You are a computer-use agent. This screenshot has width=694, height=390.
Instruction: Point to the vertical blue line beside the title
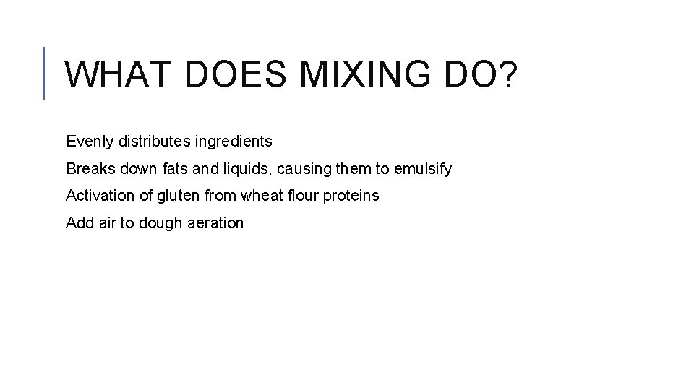(44, 72)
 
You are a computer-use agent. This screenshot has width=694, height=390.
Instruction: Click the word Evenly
(86, 142)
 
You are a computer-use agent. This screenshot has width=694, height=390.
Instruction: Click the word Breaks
(87, 168)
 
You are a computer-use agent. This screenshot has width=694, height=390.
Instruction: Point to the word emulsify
(423, 169)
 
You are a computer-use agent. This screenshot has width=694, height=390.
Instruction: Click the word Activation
(96, 195)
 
